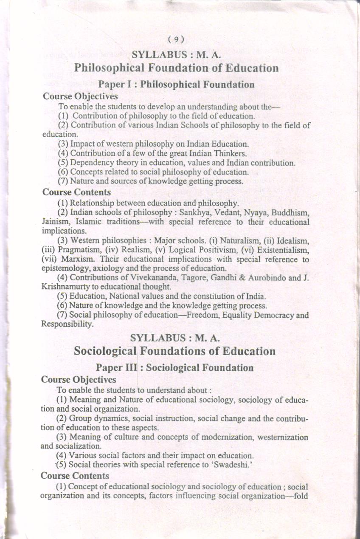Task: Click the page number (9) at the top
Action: (x=176, y=40)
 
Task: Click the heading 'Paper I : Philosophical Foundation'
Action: (x=176, y=84)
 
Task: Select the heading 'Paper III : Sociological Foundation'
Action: (x=174, y=367)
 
